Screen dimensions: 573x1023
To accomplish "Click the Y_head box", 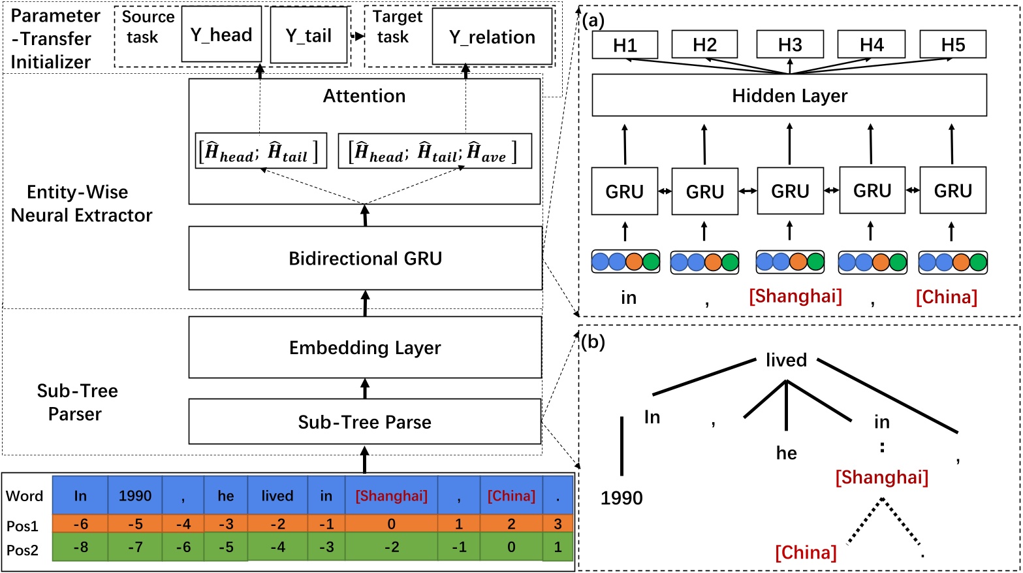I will (x=221, y=35).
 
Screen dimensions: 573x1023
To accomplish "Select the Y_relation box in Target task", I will (x=492, y=37).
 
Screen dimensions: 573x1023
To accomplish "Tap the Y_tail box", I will (x=309, y=35).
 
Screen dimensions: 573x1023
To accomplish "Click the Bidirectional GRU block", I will (x=365, y=258).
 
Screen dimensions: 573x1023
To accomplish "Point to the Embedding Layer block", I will (x=365, y=348).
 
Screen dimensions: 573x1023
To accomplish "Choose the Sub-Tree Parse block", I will (x=365, y=422).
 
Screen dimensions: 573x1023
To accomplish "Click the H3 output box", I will (x=790, y=45).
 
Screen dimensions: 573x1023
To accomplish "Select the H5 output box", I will (x=952, y=45).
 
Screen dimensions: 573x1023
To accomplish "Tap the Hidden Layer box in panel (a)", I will (x=789, y=96).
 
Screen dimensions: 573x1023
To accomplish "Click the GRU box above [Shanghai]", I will (x=790, y=191).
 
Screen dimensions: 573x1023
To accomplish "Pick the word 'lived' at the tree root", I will (x=786, y=360).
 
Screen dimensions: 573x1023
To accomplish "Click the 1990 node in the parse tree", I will (x=622, y=498).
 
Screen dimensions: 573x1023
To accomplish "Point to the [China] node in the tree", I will (x=806, y=553).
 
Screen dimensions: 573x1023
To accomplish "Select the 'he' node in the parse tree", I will (x=786, y=453).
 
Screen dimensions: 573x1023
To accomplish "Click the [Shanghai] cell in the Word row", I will (x=391, y=496).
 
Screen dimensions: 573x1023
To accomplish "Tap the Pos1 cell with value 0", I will (x=391, y=524).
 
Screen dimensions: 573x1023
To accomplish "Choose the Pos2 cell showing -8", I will (x=80, y=547).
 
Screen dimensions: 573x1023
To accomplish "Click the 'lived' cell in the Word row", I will (x=277, y=496).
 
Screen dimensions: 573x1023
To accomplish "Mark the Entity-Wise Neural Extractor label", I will (x=82, y=203).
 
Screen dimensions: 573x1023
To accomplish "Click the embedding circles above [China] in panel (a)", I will (x=952, y=263).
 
